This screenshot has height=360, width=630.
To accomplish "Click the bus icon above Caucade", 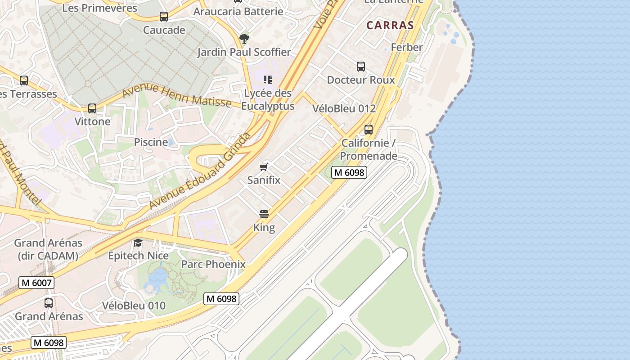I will click(x=164, y=17).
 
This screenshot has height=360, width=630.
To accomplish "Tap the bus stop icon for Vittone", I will click(x=92, y=108).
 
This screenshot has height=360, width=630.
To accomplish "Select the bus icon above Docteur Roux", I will click(x=361, y=67).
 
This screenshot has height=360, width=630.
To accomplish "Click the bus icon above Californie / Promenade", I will click(x=369, y=130).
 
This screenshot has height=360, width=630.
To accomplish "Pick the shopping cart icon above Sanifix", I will click(x=264, y=167).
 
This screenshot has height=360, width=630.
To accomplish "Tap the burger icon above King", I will click(x=264, y=214).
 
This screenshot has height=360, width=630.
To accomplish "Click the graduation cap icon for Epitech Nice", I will click(x=138, y=243).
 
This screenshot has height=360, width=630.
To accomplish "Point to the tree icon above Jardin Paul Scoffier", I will click(x=244, y=39).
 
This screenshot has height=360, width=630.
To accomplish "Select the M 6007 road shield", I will click(x=36, y=283).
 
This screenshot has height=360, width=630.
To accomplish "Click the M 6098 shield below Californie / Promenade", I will click(x=349, y=172).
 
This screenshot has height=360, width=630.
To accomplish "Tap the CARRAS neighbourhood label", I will click(x=390, y=25).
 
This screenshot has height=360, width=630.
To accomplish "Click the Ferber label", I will click(x=407, y=47).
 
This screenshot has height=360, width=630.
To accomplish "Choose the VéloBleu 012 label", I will click(x=344, y=108).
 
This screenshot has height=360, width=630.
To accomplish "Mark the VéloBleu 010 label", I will click(x=134, y=306).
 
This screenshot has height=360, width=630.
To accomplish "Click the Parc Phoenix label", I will click(x=213, y=264).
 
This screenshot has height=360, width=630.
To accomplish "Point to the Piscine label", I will click(x=151, y=142).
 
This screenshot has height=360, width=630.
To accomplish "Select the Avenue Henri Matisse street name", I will click(x=176, y=95).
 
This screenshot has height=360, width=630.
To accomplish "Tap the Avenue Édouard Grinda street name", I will click(x=200, y=171).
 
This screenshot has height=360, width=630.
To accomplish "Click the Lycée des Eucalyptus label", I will click(x=268, y=99).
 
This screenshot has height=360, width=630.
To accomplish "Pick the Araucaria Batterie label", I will click(x=238, y=12).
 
